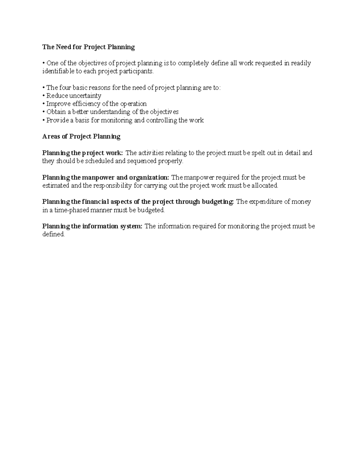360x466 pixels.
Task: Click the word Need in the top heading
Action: click(61, 47)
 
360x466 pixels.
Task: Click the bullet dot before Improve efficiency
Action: click(44, 104)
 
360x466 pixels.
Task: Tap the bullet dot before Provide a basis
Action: click(44, 120)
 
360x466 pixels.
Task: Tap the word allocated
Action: click(265, 186)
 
